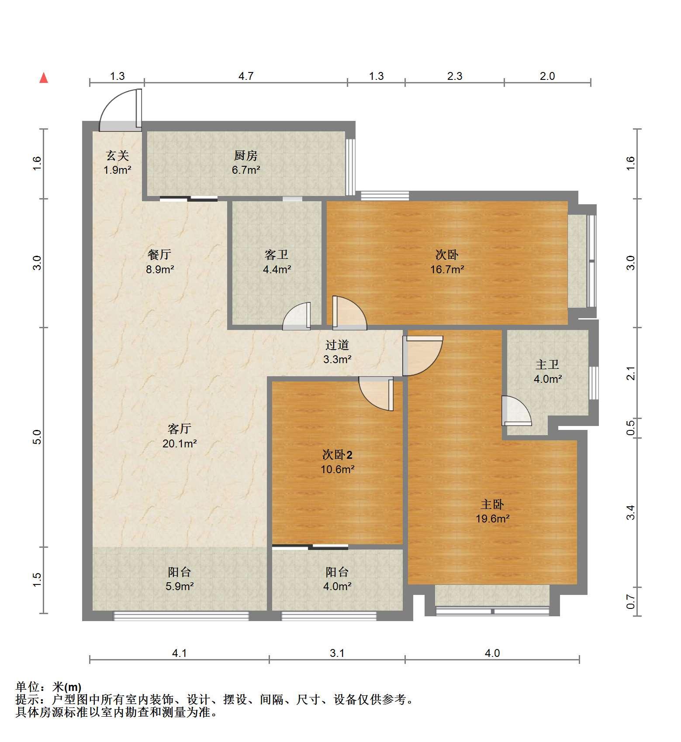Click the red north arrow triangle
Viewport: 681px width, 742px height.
pos(44,78)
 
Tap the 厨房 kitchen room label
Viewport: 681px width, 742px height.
pos(246,155)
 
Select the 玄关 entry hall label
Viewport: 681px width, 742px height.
pos(118,155)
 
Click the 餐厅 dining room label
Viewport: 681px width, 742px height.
pos(159,254)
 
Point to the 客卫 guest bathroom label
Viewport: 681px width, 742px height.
pos(277,254)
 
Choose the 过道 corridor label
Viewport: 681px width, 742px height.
pos(337,345)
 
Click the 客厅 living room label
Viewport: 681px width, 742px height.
pos(179,429)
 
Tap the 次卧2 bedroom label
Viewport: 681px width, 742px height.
pos(337,455)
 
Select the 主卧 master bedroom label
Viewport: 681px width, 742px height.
pos(492,504)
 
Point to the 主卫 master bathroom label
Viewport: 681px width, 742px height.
pos(547,364)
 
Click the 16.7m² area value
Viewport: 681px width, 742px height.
pos(447,269)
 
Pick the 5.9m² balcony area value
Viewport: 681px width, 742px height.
pos(180,586)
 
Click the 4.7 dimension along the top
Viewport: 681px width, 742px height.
pos(246,76)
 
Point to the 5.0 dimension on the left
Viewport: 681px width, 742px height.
pos(37,437)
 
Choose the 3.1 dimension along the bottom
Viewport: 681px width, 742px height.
pos(337,653)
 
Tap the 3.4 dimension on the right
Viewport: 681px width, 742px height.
pos(630,512)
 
